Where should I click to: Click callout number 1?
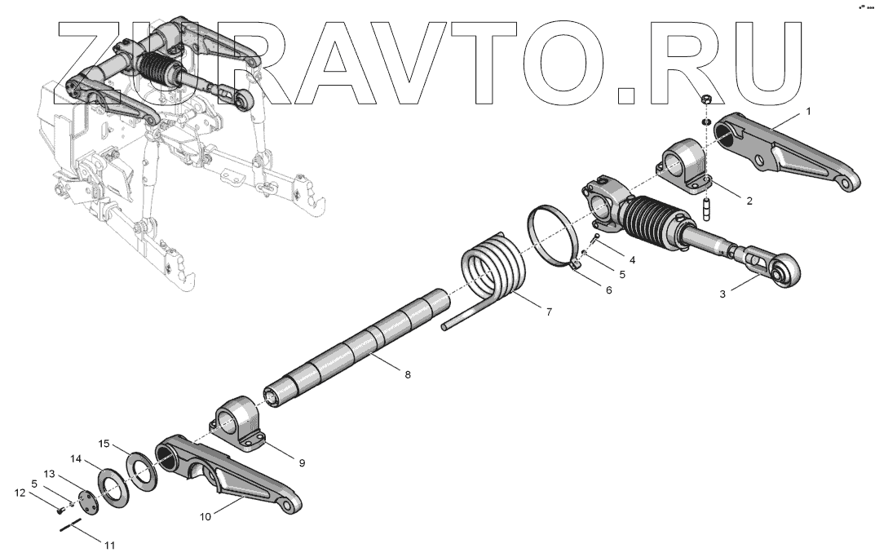click(808, 110)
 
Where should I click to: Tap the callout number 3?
click(723, 295)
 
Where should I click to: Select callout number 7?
click(548, 312)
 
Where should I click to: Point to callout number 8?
click(408, 374)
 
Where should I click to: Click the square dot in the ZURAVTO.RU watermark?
click(626, 95)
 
